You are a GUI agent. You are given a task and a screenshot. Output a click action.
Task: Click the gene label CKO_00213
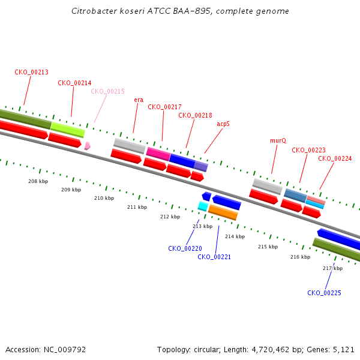[32, 72]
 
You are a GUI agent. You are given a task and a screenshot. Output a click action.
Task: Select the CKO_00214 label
[74, 83]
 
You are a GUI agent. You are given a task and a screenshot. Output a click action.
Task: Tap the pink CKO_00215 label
[107, 92]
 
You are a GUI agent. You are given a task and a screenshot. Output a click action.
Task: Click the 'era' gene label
[139, 100]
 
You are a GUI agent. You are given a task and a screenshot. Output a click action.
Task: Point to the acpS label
[223, 124]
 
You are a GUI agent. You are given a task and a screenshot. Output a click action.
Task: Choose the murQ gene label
[278, 140]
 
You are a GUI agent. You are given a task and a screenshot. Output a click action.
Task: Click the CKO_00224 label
[335, 158]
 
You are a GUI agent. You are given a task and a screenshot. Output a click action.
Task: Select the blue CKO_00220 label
[185, 248]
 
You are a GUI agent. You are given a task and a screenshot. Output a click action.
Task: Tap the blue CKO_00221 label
[214, 257]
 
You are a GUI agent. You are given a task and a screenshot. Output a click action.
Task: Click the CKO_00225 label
[324, 293]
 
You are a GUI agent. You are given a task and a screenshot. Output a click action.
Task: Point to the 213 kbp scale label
[202, 226]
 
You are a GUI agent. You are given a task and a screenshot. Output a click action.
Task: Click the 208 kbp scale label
[38, 181]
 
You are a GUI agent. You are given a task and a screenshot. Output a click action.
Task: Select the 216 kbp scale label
[300, 257]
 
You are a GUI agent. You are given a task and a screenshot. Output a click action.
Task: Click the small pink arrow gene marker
[88, 145]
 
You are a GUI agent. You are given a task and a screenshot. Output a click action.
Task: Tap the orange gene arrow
[223, 212]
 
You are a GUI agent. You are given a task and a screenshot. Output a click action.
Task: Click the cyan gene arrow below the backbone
[203, 206]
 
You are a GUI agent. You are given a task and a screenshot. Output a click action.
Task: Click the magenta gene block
[158, 154]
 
